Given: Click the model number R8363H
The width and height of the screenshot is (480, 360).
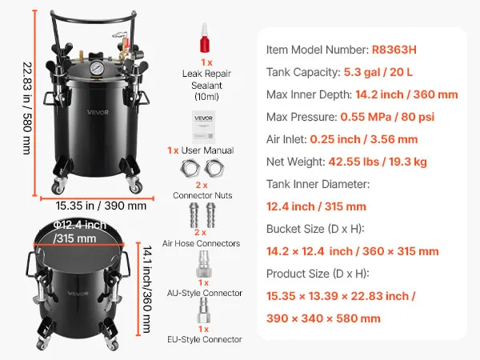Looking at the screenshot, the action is pyautogui.click(x=394, y=50).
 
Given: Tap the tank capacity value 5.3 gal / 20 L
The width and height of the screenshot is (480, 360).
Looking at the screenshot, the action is pyautogui.click(x=378, y=72).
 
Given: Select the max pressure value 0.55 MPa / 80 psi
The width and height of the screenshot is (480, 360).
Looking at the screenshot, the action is pyautogui.click(x=387, y=117).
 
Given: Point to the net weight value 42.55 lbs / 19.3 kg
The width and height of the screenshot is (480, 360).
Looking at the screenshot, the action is pyautogui.click(x=378, y=162).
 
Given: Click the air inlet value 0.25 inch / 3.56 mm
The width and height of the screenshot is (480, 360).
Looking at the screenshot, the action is pyautogui.click(x=364, y=139).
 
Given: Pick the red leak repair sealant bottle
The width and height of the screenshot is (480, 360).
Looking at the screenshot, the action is pyautogui.click(x=205, y=38).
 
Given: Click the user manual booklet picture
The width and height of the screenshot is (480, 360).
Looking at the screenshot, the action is pyautogui.click(x=203, y=127).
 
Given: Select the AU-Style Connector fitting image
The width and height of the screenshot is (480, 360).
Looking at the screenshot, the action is pyautogui.click(x=203, y=264).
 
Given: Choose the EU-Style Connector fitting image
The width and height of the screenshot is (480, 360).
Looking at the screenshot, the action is pyautogui.click(x=203, y=310).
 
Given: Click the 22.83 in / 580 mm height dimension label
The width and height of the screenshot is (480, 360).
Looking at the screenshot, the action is pyautogui.click(x=27, y=108).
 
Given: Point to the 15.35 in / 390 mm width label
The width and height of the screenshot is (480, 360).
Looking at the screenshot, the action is pyautogui.click(x=101, y=206).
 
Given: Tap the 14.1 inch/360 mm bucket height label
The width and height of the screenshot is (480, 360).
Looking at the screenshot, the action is pyautogui.click(x=147, y=290).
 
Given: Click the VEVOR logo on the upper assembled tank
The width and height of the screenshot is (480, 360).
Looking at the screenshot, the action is pyautogui.click(x=98, y=112).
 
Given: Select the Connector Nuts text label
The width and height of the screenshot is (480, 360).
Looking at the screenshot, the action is pyautogui.click(x=202, y=195).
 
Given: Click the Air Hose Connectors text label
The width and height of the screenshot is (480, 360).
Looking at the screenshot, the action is pyautogui.click(x=201, y=243).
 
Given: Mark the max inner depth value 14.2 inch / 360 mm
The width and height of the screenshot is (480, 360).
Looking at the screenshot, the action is pyautogui.click(x=406, y=94).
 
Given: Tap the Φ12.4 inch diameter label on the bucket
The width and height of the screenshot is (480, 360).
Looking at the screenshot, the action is pyautogui.click(x=79, y=226).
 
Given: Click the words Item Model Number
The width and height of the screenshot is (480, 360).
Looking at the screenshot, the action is pyautogui.click(x=318, y=50).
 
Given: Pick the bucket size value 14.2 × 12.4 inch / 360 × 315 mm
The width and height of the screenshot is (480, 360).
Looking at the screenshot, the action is pyautogui.click(x=353, y=251).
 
